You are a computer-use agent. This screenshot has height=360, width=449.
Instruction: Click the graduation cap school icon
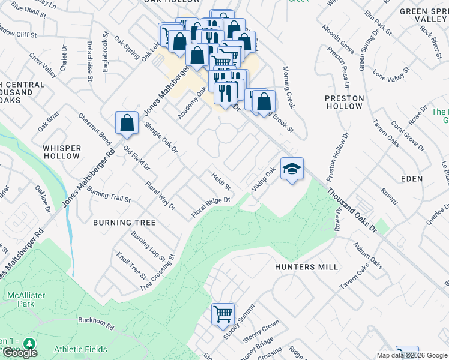(292, 170)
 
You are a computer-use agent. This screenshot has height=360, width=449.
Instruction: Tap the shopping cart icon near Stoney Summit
(223, 313)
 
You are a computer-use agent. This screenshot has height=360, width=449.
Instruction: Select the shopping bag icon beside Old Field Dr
(127, 124)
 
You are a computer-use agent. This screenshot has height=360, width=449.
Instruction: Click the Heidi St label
(221, 182)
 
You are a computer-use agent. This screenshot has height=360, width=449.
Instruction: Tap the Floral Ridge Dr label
(211, 208)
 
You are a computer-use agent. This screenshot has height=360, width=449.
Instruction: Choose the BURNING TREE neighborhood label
(124, 223)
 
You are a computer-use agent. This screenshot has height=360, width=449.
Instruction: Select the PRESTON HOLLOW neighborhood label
(345, 102)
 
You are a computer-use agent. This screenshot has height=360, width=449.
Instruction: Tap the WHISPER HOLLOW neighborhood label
(61, 152)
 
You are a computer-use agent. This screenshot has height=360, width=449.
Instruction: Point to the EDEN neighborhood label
(412, 179)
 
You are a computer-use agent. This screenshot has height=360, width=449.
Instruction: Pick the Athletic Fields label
(80, 349)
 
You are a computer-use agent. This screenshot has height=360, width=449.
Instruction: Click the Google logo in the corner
(20, 353)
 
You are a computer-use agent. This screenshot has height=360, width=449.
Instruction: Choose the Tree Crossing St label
(157, 272)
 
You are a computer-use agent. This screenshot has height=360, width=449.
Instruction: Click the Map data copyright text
(412, 355)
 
